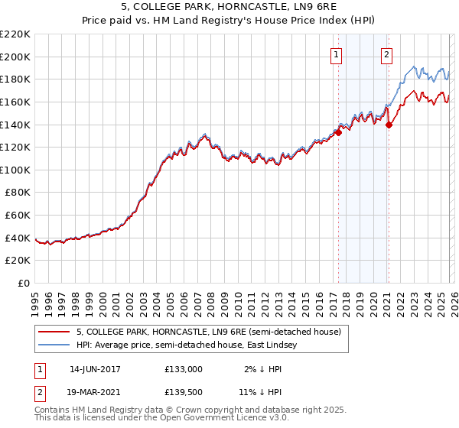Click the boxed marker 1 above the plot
(x=337, y=54)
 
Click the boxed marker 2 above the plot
(x=387, y=54)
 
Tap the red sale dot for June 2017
(x=338, y=131)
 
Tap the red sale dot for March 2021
(x=389, y=125)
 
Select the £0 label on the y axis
(x=23, y=284)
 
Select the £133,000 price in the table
(x=184, y=368)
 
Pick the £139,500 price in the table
(x=184, y=394)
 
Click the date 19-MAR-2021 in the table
(x=95, y=394)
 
